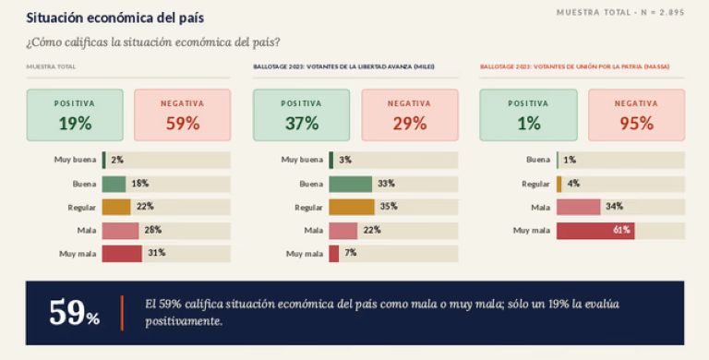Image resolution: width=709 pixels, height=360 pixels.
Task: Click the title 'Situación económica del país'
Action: click(x=115, y=18)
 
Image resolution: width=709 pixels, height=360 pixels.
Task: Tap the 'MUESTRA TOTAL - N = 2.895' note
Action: click(x=620, y=13)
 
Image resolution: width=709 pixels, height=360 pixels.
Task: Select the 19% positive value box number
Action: click(x=75, y=123)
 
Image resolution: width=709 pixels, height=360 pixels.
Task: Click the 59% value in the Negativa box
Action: click(x=183, y=123)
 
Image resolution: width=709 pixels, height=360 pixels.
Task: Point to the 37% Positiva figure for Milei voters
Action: click(x=302, y=123)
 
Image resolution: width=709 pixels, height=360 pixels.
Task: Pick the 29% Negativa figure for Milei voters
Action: click(x=410, y=123)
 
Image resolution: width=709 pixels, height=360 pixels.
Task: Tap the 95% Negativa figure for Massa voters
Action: click(x=637, y=123)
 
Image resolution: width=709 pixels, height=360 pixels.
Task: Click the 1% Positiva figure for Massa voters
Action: click(x=529, y=123)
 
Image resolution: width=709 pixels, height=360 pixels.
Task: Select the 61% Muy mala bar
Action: click(x=595, y=231)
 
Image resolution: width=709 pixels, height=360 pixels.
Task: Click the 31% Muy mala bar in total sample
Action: click(x=122, y=254)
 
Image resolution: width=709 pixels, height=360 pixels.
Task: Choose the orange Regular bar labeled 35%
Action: click(x=352, y=207)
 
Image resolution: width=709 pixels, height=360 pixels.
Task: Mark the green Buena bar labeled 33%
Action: click(x=350, y=184)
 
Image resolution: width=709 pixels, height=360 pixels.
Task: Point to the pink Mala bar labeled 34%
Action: click(x=578, y=207)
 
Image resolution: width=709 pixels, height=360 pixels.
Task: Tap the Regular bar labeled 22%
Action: click(x=116, y=207)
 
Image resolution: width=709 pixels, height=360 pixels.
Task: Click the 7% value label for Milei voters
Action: click(x=351, y=253)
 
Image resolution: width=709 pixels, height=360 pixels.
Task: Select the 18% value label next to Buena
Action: click(x=140, y=183)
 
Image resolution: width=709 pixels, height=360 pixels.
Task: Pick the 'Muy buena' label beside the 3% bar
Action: click(x=302, y=160)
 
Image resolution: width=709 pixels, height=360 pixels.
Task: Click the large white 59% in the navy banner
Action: click(x=74, y=313)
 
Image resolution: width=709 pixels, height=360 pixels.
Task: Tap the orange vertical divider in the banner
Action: click(x=122, y=313)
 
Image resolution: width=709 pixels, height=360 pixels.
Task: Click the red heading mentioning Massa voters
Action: click(x=575, y=66)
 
